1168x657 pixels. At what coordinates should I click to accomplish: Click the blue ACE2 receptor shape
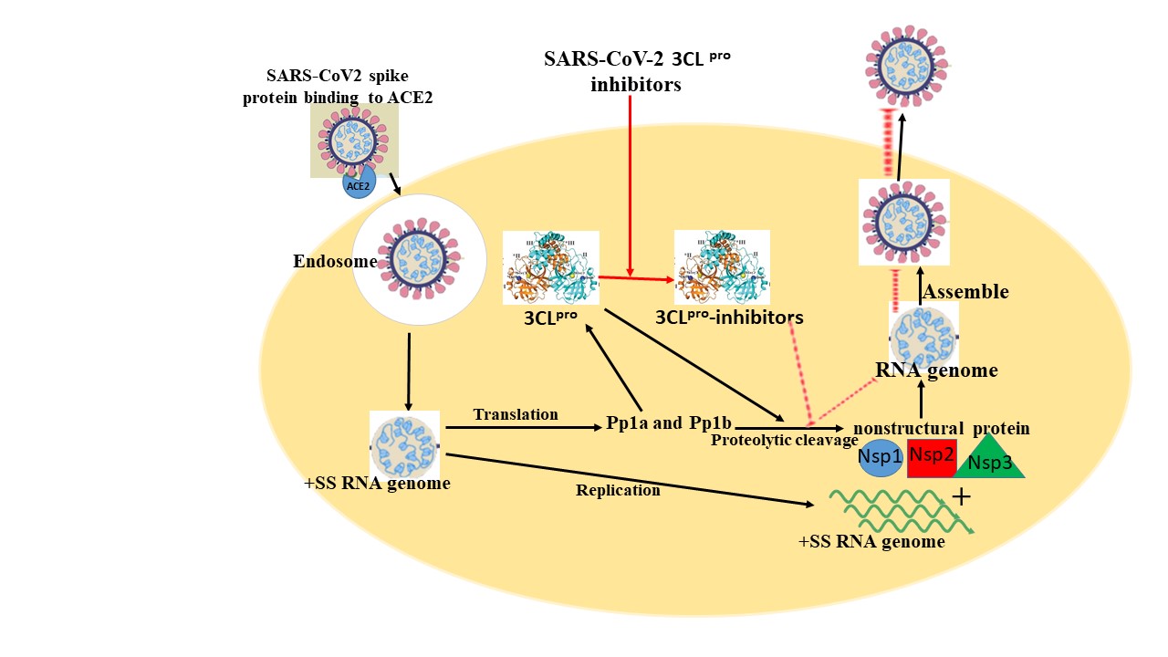358,184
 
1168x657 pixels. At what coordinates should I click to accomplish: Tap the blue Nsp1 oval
881,458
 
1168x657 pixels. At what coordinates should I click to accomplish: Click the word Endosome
322,262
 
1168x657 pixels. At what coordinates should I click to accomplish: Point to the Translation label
516,414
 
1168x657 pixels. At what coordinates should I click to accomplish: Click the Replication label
618,490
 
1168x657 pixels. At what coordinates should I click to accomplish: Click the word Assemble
966,292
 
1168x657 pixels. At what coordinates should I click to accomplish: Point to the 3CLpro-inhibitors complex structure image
722,266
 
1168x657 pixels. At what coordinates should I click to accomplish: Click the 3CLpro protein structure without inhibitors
550,266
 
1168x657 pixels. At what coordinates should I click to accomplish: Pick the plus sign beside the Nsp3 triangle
960,497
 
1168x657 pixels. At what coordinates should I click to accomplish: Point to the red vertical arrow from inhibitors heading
631,182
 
